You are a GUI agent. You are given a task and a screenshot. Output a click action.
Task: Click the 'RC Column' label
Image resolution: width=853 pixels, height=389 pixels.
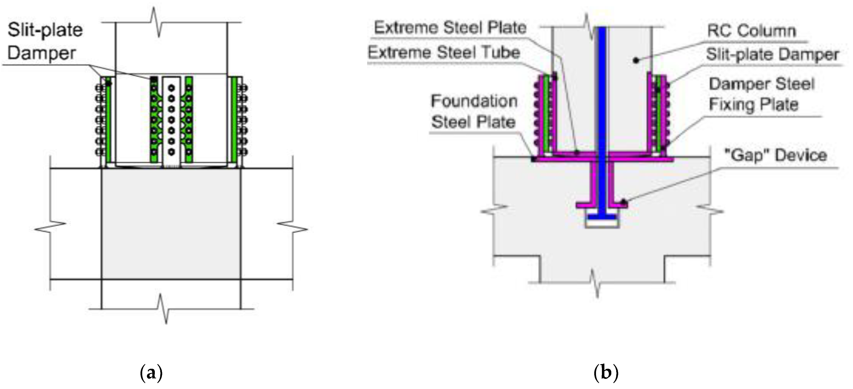[x=751, y=31]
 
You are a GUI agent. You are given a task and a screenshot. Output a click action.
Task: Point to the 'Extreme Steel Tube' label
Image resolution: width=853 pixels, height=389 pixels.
[x=444, y=53]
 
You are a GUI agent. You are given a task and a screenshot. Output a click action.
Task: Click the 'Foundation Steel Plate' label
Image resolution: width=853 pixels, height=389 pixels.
[x=474, y=112]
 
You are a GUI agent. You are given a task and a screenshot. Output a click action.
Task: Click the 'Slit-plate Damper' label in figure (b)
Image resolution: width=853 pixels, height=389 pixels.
[x=772, y=55]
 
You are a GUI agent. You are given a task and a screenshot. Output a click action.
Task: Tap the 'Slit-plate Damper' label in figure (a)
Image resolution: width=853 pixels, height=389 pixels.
[x=45, y=41]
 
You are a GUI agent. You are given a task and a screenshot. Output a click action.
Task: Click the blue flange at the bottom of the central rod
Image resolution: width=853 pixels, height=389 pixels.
[x=602, y=217]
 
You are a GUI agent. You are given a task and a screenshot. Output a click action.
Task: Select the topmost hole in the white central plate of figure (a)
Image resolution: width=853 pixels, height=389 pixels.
[x=171, y=88]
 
